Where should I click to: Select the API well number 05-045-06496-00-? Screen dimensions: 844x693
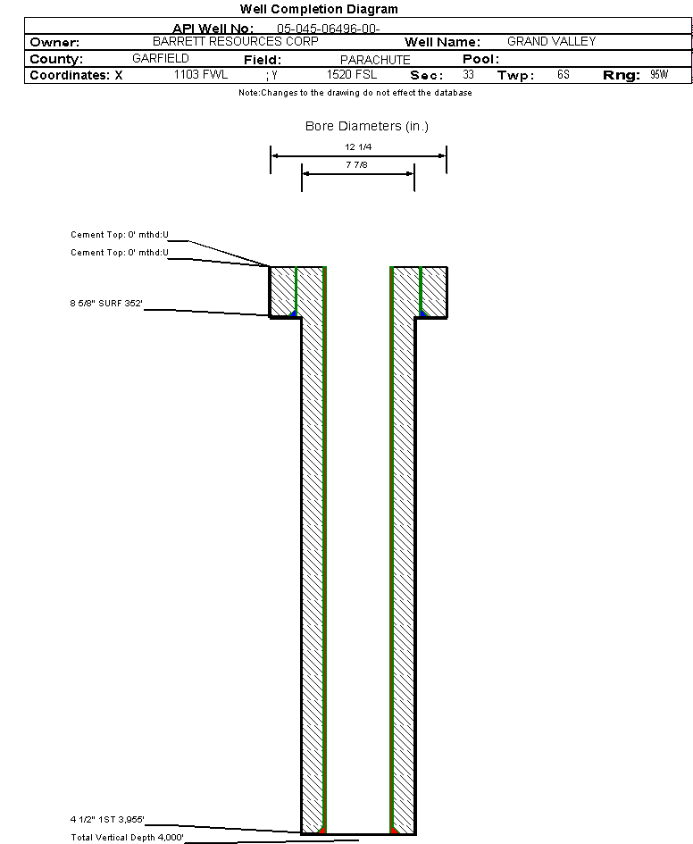point(329,29)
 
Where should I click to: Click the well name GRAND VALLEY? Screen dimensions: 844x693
point(551,42)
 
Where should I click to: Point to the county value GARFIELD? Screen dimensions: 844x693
point(160,59)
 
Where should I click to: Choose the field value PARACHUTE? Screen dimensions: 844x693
point(375,60)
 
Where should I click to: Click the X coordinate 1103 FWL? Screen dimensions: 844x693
point(201,75)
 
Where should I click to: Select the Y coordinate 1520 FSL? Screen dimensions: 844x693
point(352,75)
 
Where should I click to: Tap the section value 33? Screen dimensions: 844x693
point(468,75)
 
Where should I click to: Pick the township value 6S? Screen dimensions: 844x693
point(563,75)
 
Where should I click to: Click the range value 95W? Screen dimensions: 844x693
point(659,75)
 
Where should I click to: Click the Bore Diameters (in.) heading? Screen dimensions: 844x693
point(367,126)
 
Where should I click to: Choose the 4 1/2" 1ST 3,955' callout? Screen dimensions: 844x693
point(107,819)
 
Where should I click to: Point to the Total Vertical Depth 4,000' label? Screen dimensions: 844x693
point(127,837)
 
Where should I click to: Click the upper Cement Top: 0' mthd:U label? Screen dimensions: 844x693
point(120,235)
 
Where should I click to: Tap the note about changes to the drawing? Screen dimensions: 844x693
point(355,93)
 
